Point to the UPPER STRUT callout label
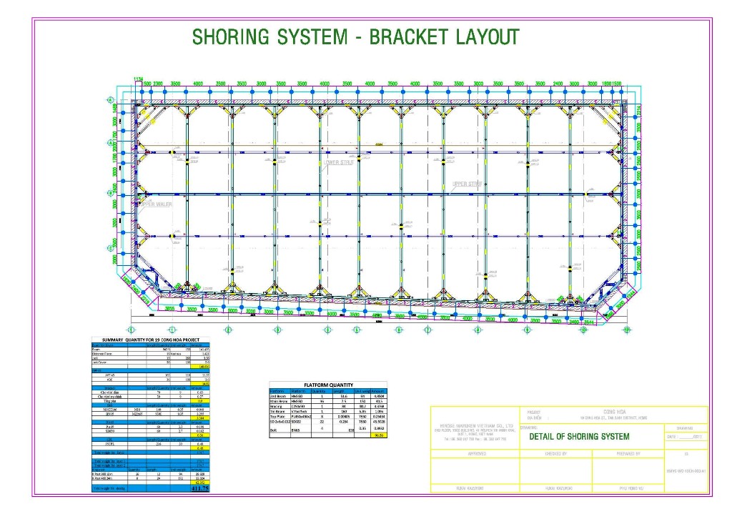[x=468, y=184]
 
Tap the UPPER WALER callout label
[x=157, y=204]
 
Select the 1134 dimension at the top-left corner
[x=139, y=79]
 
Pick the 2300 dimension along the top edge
[x=159, y=84]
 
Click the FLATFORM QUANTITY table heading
[x=328, y=385]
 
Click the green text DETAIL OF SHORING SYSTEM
[x=579, y=437]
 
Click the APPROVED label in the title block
[x=476, y=453]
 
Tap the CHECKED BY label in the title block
[x=555, y=453]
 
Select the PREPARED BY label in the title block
[x=628, y=453]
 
